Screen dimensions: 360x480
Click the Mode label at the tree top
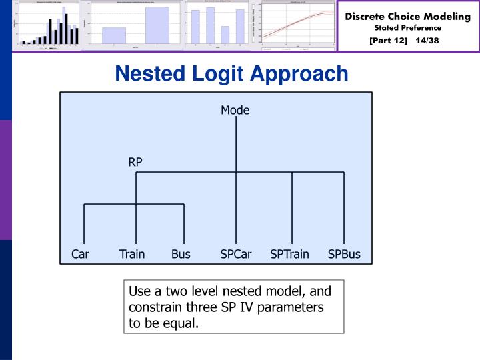[235, 111]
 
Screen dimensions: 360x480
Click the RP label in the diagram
[135, 161]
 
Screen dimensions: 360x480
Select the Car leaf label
[80, 254]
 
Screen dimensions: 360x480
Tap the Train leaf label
[132, 254]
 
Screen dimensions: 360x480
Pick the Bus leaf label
[181, 254]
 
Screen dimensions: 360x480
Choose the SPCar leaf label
[237, 254]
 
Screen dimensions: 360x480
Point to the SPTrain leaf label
[289, 254]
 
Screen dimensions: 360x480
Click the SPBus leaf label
[344, 254]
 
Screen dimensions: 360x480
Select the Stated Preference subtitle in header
[407, 28]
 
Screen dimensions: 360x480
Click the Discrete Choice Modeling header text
[407, 16]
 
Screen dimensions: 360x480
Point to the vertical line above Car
[84, 223]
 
